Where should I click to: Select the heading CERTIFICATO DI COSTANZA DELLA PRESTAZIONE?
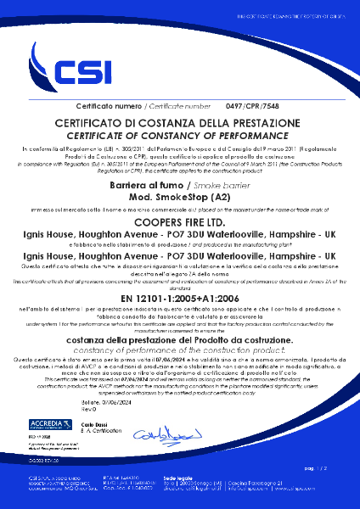pos(179,123)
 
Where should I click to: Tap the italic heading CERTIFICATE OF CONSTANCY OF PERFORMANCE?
pos(179,134)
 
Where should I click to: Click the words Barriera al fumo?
pos(145,183)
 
